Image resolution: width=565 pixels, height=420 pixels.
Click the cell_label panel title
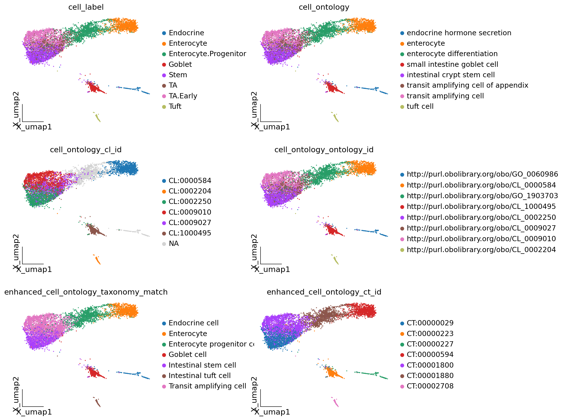coord(86,7)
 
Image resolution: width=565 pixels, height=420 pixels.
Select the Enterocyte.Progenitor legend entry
coord(207,54)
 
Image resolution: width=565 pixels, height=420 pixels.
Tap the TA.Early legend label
coord(183,96)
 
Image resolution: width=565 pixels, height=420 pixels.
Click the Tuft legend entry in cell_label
coord(175,107)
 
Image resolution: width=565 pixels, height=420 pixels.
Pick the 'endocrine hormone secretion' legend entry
coord(459,33)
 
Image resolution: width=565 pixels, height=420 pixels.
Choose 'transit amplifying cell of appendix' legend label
coord(467,85)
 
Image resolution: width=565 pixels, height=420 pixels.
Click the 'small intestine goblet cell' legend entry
coord(452,65)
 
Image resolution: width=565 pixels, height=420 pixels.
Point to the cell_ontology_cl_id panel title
coord(86,150)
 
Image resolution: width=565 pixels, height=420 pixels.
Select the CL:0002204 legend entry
coord(189,191)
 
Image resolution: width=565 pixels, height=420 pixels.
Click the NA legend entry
coord(174,244)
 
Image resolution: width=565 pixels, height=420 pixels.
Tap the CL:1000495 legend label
coord(189,233)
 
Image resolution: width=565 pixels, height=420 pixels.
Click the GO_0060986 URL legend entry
coord(482,174)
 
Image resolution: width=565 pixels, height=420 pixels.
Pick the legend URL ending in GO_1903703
coord(482,196)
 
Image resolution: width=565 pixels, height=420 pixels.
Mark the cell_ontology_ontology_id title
coord(324,150)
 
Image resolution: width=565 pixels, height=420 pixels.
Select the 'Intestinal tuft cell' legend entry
coord(199,376)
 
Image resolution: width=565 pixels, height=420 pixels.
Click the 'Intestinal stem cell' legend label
coord(202,365)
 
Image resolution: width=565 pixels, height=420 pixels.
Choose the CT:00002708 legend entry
coord(430,386)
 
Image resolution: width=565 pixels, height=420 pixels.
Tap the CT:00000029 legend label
coord(430,323)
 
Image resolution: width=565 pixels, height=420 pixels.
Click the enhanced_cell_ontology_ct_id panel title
coord(324,292)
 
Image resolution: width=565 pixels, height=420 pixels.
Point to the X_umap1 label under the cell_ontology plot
coord(272,127)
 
